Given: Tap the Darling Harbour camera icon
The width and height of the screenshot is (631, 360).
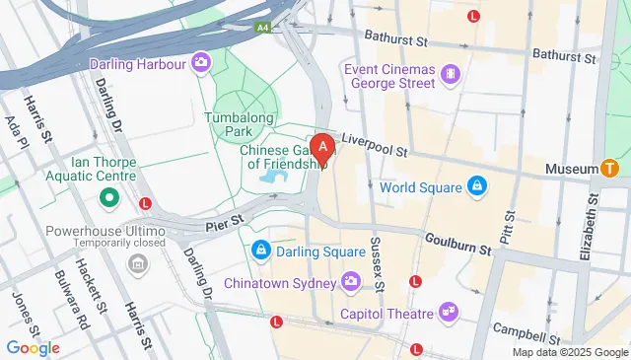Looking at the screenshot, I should pos(201,63).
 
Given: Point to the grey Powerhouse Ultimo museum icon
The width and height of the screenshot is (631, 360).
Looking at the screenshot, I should pos(137,264).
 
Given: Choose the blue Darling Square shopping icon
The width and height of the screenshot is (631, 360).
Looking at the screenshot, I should pos(260,251).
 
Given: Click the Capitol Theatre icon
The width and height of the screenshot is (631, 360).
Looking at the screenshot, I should pos(449,313).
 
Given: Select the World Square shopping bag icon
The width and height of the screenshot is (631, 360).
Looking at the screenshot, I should pos(475,186).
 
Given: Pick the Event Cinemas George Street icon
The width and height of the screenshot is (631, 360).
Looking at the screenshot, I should pos(450,73).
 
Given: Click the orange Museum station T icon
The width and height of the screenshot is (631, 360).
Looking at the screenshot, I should pos(609,169).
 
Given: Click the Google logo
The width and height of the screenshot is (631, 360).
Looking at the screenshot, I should pos(33,347).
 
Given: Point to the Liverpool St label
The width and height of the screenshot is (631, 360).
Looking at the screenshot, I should pos(375,146).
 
